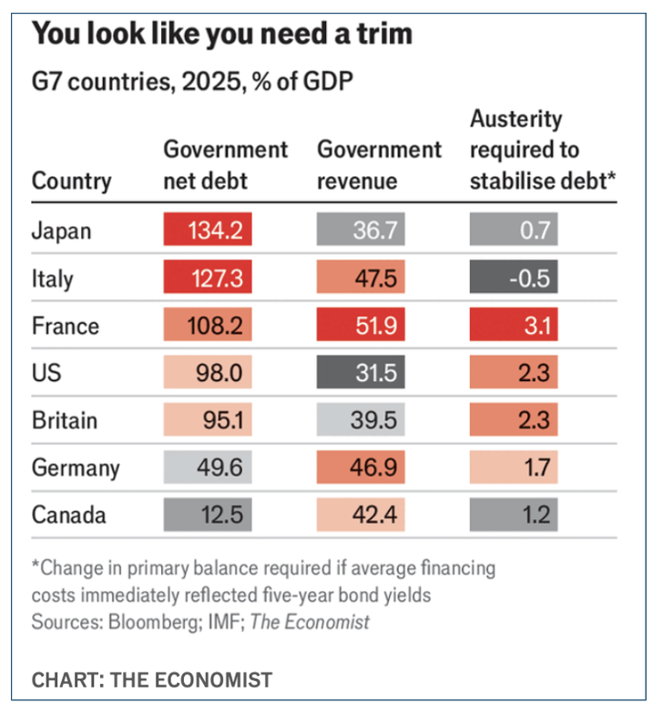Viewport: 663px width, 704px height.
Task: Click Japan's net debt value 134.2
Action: [207, 231]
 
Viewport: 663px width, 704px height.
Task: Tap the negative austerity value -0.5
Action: [513, 278]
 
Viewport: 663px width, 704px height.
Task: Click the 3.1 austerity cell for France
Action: [513, 326]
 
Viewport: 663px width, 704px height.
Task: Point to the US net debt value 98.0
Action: [207, 373]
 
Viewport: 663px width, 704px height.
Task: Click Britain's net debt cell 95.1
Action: [207, 420]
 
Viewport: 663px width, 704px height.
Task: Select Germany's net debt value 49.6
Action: [207, 468]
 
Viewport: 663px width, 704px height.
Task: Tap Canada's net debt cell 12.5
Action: [207, 515]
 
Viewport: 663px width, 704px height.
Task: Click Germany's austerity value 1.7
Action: [513, 468]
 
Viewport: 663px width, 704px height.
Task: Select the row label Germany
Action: [76, 468]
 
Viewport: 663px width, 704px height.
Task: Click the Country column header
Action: [71, 180]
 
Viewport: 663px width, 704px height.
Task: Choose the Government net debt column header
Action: [224, 165]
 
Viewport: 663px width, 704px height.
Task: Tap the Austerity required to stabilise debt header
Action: [543, 149]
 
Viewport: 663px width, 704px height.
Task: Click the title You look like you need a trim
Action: [222, 35]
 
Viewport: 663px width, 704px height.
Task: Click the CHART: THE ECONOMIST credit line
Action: [151, 679]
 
